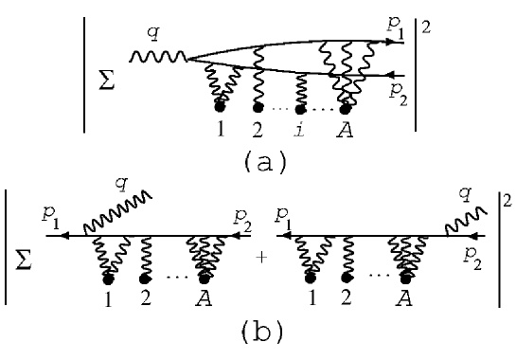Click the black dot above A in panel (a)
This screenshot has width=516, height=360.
click(x=346, y=107)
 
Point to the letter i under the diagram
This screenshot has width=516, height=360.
click(x=300, y=130)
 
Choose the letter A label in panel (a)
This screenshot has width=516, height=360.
click(x=346, y=130)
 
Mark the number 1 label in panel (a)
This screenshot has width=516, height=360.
click(x=220, y=130)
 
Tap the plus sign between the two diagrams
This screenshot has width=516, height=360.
click(x=260, y=256)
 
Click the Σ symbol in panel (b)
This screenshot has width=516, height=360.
click(x=27, y=259)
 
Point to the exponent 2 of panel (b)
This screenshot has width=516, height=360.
click(x=506, y=202)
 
